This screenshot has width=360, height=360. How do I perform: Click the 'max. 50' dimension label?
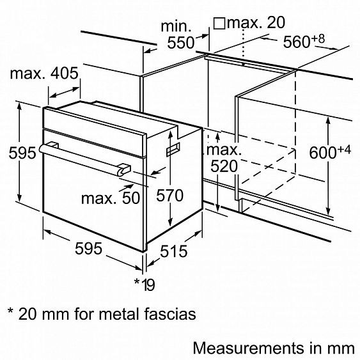(x=112, y=198)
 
